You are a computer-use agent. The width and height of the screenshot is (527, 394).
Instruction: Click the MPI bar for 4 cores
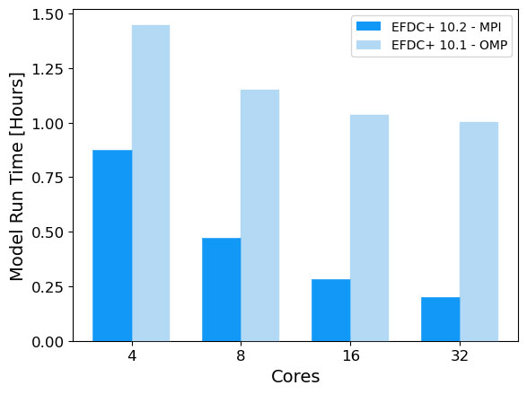[112, 245]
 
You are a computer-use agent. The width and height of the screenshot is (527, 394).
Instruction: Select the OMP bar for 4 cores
[151, 183]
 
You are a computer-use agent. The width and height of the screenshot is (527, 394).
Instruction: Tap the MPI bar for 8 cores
[222, 289]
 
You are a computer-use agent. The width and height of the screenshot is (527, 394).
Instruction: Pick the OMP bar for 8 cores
[260, 215]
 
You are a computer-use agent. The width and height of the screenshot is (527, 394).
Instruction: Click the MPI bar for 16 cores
[331, 310]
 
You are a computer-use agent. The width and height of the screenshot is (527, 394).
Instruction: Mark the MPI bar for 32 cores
[441, 319]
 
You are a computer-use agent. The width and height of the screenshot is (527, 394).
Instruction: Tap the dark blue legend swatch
[369, 26]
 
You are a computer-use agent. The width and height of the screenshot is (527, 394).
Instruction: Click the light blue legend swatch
[369, 44]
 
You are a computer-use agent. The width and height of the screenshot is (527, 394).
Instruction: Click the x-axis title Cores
[295, 378]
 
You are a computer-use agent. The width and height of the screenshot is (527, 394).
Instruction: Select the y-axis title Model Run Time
[17, 176]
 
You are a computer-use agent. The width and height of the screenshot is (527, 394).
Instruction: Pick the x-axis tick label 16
[350, 355]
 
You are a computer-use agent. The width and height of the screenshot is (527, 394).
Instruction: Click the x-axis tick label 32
[460, 355]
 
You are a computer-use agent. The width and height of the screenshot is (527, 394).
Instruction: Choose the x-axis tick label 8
[241, 355]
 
